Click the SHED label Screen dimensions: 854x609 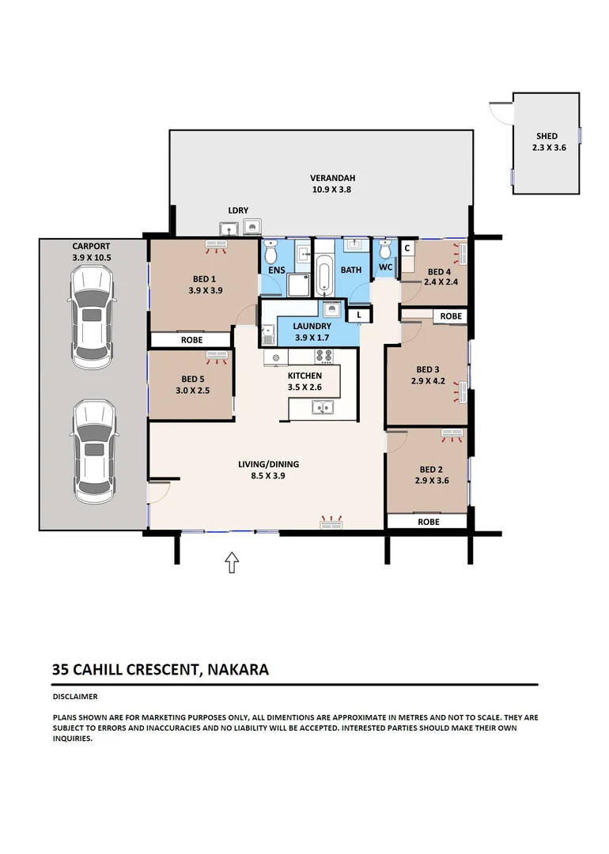(x=547, y=136)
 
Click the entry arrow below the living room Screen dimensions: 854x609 (x=232, y=562)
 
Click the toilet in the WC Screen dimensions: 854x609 (x=385, y=251)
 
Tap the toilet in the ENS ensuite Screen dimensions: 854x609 (x=271, y=252)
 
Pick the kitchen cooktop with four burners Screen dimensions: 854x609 (x=323, y=357)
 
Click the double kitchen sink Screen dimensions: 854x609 (x=323, y=408)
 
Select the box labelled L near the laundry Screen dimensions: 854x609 (x=359, y=315)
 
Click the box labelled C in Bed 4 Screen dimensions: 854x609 (x=407, y=248)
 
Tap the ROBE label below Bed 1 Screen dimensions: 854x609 (x=191, y=340)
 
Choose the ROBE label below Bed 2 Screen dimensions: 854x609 (x=428, y=522)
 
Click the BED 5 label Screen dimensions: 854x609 (x=192, y=379)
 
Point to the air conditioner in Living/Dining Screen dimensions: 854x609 (x=331, y=522)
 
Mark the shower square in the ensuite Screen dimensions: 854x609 (x=299, y=285)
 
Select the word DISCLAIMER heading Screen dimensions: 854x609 (x=74, y=697)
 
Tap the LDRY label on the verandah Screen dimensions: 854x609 (x=238, y=210)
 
